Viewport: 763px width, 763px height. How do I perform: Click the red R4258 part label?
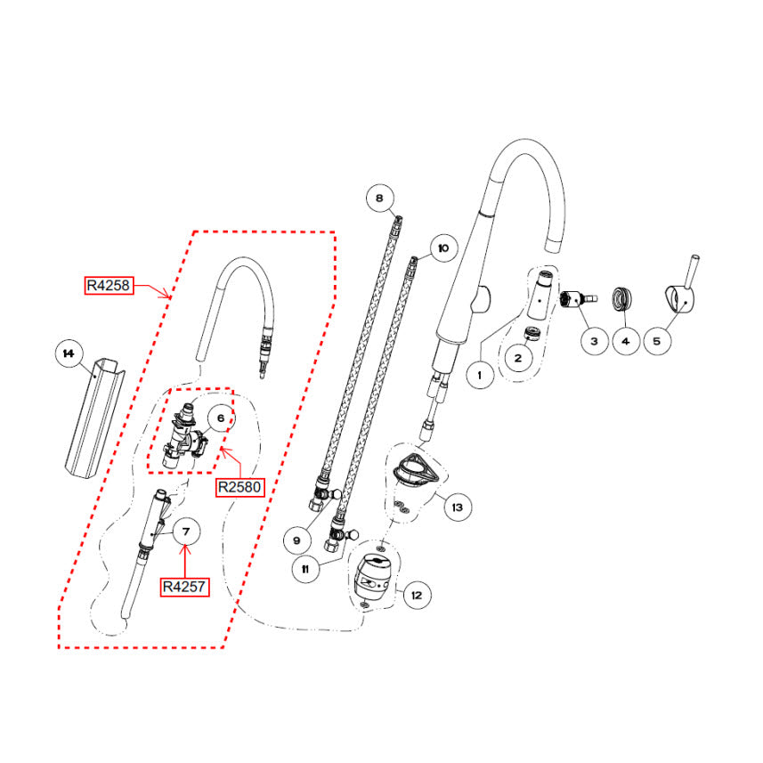tap(109, 286)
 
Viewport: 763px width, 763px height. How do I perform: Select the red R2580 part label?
tap(239, 487)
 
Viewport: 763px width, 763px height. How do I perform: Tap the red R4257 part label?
tap(185, 587)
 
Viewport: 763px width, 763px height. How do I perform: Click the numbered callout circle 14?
tap(67, 353)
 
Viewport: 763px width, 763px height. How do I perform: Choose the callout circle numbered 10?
tap(442, 247)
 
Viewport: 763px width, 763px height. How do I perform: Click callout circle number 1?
tap(480, 375)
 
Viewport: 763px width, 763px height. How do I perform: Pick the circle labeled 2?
tap(517, 359)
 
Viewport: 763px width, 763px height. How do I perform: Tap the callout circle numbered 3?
tap(594, 339)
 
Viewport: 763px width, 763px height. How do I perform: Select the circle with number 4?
tap(626, 339)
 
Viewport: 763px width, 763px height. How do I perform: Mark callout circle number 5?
tap(658, 339)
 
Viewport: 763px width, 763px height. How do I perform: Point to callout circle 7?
tap(187, 532)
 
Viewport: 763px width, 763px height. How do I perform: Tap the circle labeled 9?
tap(298, 539)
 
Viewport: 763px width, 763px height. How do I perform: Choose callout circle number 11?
tap(305, 570)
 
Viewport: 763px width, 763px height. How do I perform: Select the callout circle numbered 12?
tap(416, 594)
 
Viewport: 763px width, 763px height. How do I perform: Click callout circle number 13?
tap(457, 508)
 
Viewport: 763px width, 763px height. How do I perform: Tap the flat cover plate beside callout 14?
tap(93, 418)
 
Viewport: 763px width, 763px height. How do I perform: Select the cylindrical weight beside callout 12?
tap(373, 577)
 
